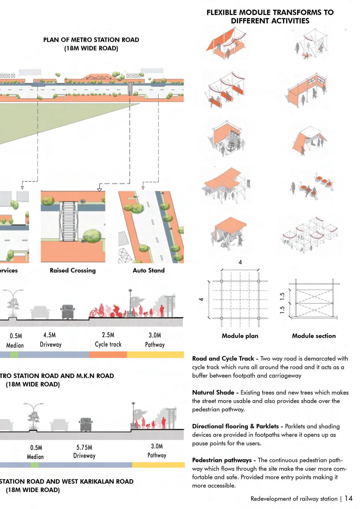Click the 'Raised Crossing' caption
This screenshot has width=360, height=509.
(x=73, y=270)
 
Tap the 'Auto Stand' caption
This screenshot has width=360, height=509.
(x=148, y=270)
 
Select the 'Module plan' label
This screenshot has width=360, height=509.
(x=240, y=336)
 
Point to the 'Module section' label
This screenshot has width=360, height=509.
(x=314, y=336)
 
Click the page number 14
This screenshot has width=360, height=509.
(x=348, y=498)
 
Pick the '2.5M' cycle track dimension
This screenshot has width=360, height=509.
(x=108, y=335)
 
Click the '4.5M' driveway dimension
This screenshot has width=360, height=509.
(x=49, y=335)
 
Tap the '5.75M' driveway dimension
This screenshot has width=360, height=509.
(x=84, y=447)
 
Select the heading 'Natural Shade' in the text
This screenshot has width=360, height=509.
(x=213, y=393)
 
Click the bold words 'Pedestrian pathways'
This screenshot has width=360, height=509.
(x=222, y=460)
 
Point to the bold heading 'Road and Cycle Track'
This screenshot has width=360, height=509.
(x=223, y=359)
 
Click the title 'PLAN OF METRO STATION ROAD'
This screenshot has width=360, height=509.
(x=91, y=40)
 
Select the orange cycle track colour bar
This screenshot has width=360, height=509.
(x=108, y=355)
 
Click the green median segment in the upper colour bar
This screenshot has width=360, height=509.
(x=14, y=355)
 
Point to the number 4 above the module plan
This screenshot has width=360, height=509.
(x=240, y=262)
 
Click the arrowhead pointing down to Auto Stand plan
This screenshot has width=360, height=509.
(x=143, y=188)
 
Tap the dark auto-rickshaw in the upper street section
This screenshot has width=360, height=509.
(x=68, y=312)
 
